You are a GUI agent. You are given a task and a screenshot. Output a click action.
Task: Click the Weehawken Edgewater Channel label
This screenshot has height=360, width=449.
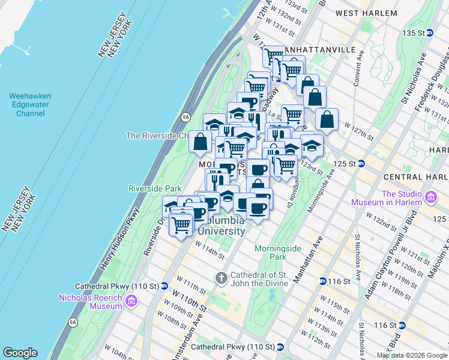coord(30,104)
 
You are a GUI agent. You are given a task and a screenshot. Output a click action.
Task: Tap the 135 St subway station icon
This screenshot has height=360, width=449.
coord(429,33)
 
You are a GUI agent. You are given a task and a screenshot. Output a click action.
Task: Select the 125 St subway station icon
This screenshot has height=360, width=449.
coord(361,163)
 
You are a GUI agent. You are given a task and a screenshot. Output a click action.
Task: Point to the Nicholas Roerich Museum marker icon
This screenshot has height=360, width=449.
coord(132,305)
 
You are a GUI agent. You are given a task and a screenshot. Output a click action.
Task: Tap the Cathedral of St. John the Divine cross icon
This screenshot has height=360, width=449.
coord(221,277)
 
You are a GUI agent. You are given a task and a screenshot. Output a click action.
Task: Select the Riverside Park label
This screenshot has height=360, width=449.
coord(151,188)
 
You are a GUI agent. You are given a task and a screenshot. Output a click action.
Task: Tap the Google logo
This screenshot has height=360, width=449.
coord(20,353)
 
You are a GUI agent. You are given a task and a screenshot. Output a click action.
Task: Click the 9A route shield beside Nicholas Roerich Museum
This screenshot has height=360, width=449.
coord(73,322)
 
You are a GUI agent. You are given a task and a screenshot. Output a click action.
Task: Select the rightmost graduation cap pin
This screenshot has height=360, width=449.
coord(312,144)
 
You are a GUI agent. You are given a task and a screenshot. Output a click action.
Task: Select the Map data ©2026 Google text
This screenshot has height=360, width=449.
coord(411,355)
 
